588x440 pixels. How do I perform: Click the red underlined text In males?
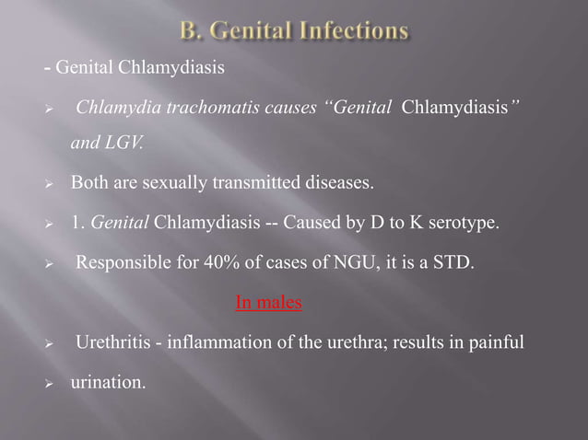268,301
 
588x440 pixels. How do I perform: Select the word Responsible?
119,262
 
